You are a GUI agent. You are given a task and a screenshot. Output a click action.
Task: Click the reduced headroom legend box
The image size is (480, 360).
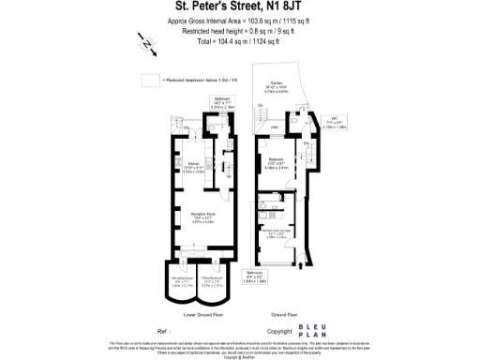click(x=148, y=80)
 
